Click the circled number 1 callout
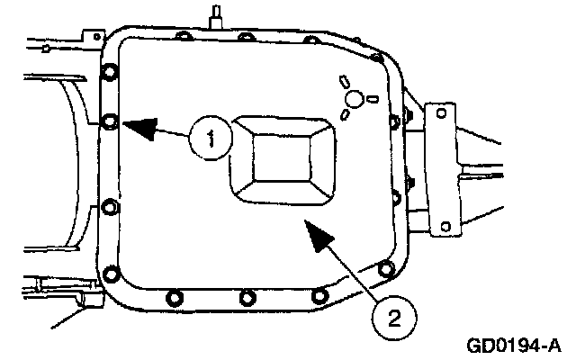pos(211,139)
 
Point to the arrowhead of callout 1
pos(127,125)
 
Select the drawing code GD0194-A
pos(514,345)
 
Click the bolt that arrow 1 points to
pos(110,120)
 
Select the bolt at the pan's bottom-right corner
pos(386,267)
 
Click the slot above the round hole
pos(343,80)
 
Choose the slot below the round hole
pos(346,116)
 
